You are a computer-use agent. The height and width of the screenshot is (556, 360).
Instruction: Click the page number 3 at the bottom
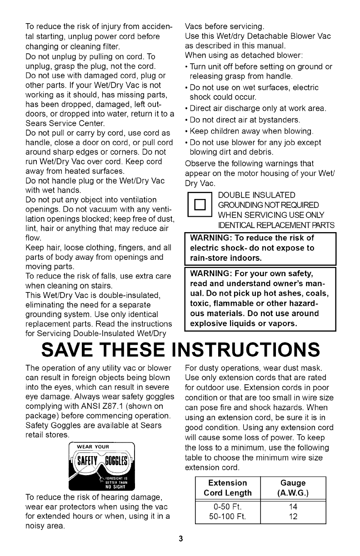[x=180, y=539]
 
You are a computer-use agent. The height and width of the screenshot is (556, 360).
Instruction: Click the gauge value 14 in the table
[x=293, y=506]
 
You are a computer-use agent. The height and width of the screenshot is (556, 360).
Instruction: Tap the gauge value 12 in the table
[x=293, y=516]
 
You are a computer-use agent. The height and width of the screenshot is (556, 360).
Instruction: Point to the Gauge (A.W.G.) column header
[x=293, y=487]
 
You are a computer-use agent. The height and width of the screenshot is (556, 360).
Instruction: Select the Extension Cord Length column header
[x=227, y=487]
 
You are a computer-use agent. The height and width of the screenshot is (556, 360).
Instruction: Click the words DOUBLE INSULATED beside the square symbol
[x=257, y=195]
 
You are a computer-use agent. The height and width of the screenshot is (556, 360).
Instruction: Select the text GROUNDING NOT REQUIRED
[x=268, y=205]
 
